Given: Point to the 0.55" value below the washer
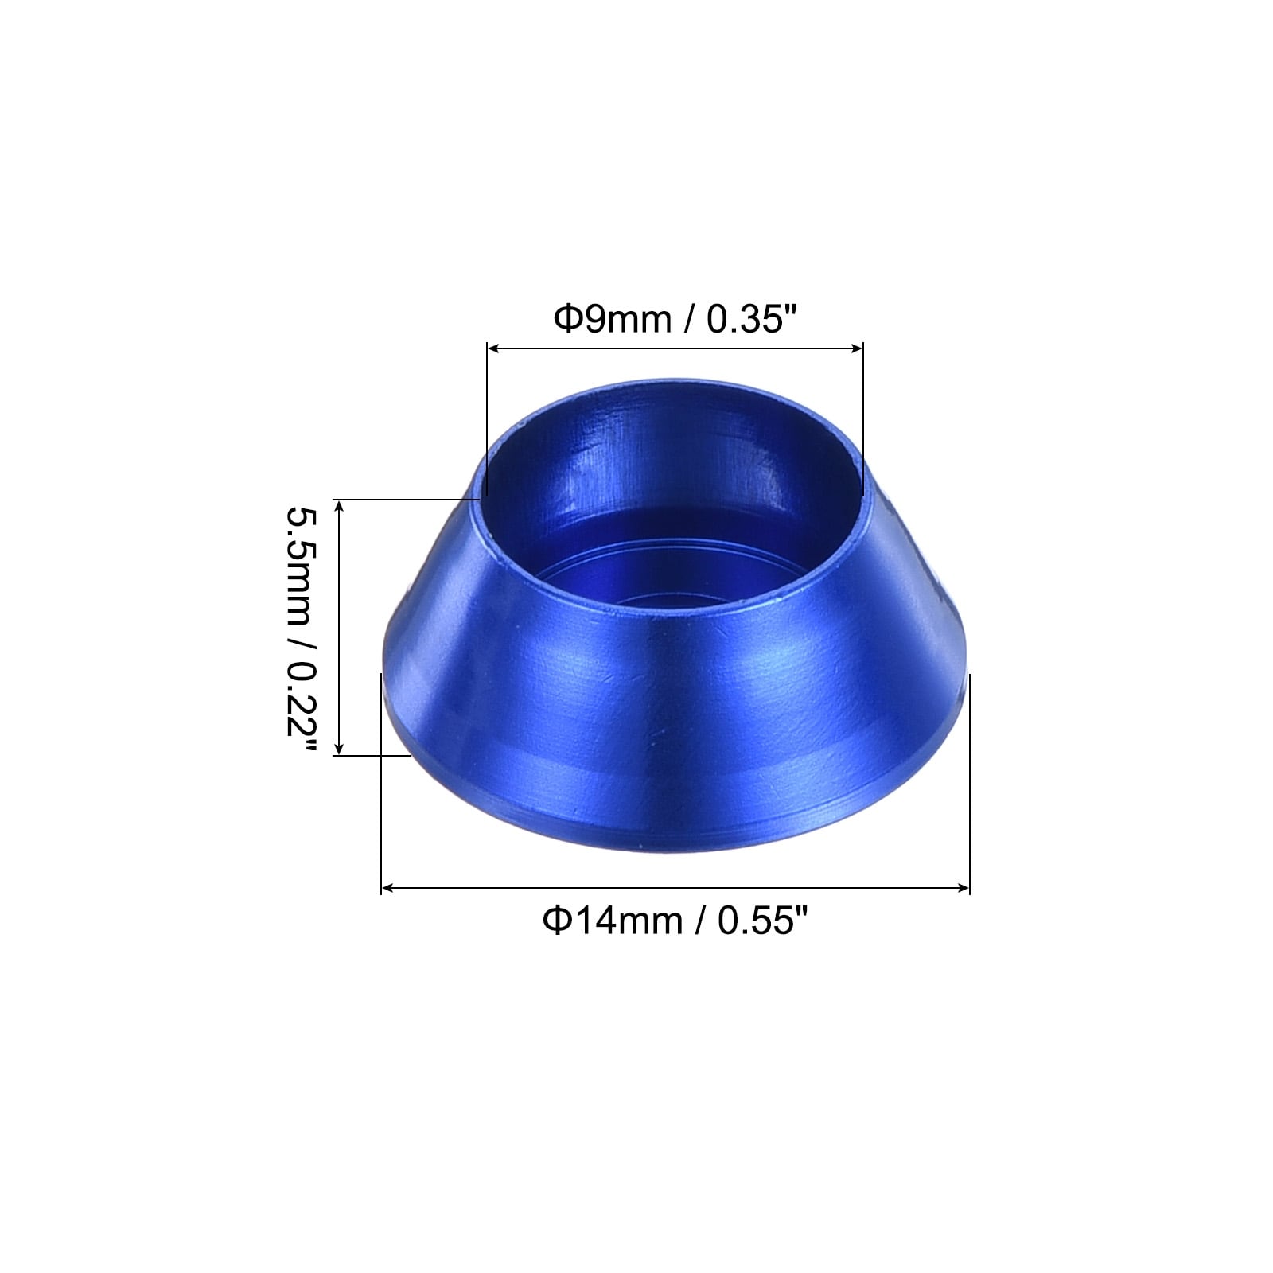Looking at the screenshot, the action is pos(762,921).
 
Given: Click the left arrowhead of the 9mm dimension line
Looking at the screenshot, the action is pos(492,348).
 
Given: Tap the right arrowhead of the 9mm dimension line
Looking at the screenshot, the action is pos(857,348).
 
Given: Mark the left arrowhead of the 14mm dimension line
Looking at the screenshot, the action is pos(387,888).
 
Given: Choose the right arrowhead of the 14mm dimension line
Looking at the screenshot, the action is pos(964,888).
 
